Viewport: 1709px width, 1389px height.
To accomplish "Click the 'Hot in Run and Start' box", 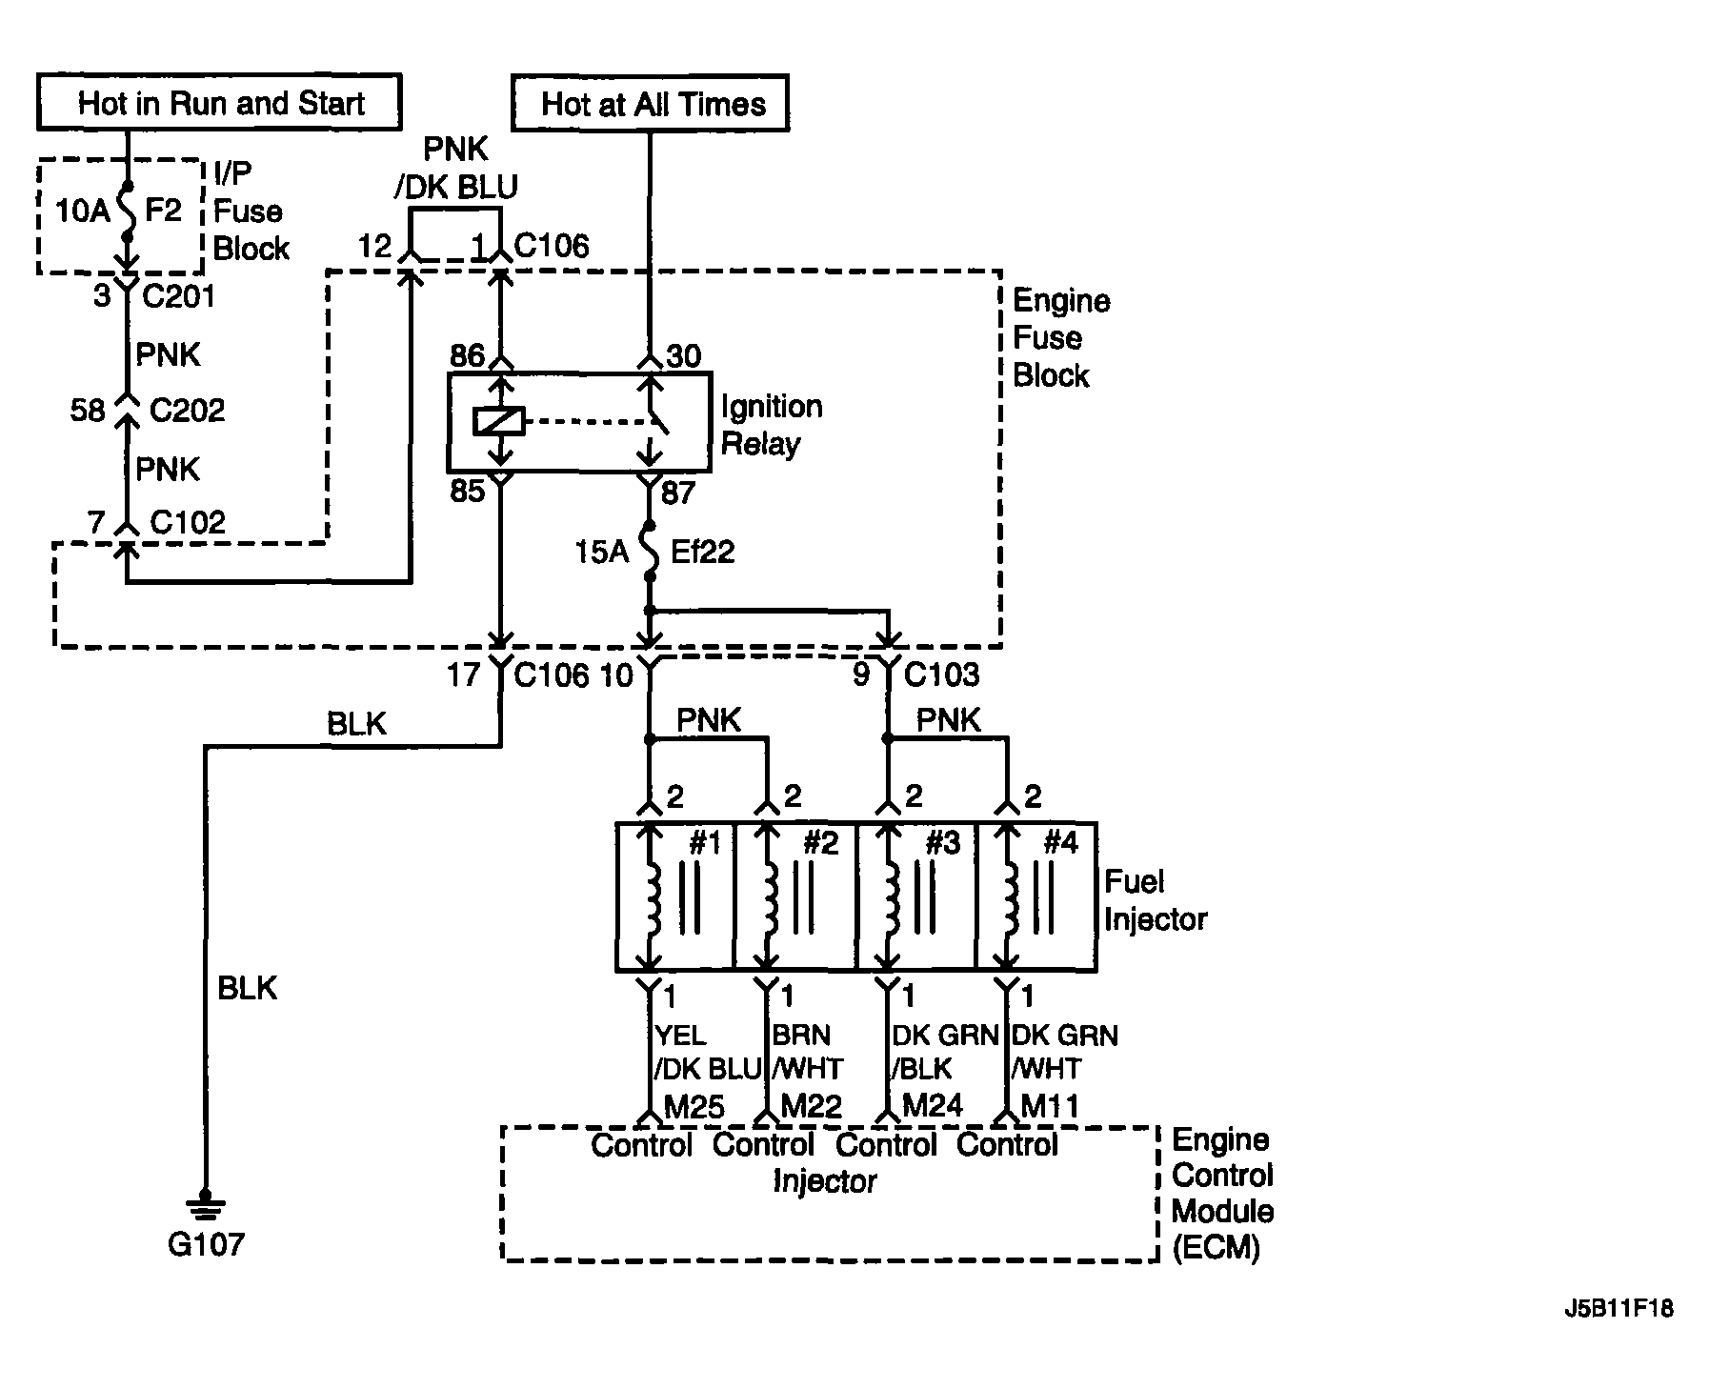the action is coord(219,102).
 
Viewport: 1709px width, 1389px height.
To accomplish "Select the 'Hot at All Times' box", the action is coord(651,103).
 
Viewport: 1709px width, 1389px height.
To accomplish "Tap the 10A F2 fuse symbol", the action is coord(127,211).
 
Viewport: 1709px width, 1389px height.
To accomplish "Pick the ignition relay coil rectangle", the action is coord(498,421).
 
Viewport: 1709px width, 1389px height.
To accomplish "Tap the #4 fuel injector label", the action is coord(1060,842).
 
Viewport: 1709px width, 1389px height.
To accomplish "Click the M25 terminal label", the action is coord(694,1106).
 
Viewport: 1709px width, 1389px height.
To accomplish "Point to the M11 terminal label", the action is coord(1050,1106).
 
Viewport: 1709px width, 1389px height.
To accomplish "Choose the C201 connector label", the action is coord(178,296).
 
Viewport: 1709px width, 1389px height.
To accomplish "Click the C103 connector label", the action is coord(941,674).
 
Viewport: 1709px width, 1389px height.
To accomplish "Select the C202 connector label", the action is coord(188,411).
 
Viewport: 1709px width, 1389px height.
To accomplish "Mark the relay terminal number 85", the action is coord(467,492).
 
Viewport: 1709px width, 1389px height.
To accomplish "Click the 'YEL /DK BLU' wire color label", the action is coord(708,1052).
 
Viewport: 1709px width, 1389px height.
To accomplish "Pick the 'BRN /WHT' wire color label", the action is coord(808,1052).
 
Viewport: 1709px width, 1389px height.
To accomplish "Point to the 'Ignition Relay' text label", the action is coord(772,425).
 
